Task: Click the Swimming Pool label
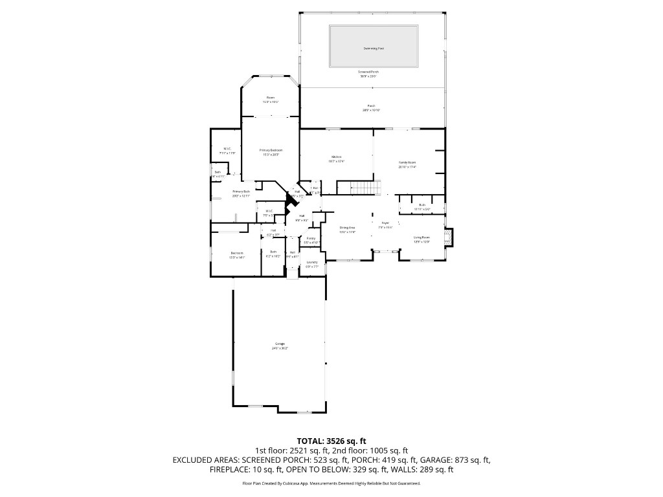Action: (x=372, y=49)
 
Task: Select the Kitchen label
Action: (x=336, y=157)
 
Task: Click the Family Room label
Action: (x=407, y=162)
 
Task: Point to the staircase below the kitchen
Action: (x=363, y=188)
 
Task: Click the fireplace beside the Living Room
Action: (x=450, y=237)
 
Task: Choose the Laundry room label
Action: (x=312, y=262)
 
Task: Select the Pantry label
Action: (x=311, y=238)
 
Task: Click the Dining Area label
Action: (x=348, y=228)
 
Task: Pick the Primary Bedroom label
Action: (x=271, y=150)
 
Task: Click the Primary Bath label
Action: (x=241, y=192)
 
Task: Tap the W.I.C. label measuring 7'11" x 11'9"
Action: (x=227, y=149)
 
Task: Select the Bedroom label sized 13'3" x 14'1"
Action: (x=236, y=253)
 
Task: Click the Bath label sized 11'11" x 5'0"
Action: (x=421, y=205)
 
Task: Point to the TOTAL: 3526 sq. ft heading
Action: (x=331, y=441)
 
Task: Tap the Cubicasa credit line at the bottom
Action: (x=331, y=483)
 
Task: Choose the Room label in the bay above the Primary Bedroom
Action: (x=271, y=98)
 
